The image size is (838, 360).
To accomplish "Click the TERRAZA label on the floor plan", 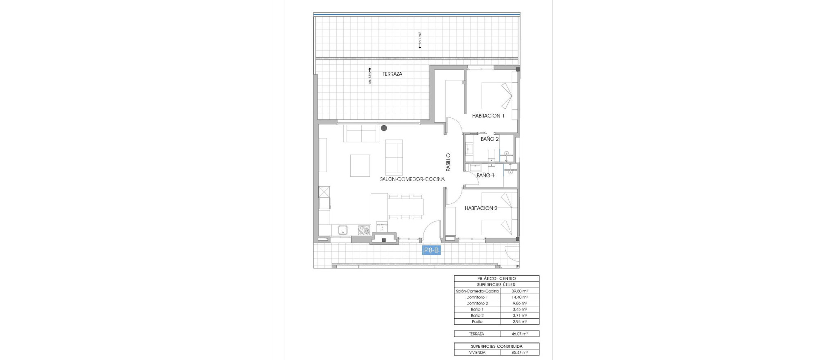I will coord(392,74).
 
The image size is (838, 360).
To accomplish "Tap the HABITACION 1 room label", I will coord(488,116).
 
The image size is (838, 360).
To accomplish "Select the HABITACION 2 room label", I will coord(481,208).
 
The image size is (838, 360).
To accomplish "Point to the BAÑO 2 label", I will coord(489,139).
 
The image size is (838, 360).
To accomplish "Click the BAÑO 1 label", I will coord(485,175).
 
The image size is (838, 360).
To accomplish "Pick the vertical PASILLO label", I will coord(448,162).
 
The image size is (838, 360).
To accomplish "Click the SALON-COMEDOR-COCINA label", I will coord(412,179).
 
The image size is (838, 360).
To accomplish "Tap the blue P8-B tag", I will coord(431,250).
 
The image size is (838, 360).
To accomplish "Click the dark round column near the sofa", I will coord(384,128).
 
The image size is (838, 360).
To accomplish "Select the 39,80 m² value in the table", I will coord(519,291).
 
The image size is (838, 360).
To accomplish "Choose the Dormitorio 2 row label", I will coord(477,304).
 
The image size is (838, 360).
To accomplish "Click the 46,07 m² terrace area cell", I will coord(519,334).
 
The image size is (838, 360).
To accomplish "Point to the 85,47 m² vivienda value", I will coord(519,352).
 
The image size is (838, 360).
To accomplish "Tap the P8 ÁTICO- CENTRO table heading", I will coord(496,279).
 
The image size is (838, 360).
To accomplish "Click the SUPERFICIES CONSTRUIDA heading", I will coord(496,346).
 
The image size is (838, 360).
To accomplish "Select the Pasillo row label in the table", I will coord(477,322).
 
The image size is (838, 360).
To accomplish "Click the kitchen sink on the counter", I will coord(343,230).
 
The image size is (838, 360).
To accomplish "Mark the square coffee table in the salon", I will coord(360,165).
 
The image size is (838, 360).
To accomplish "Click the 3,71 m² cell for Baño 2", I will coord(519,316).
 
